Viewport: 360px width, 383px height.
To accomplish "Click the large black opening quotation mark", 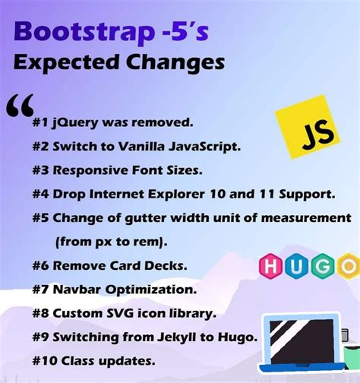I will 20,109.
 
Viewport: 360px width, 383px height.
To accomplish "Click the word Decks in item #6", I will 168,266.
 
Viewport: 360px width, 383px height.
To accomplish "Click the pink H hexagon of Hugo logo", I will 270,265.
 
